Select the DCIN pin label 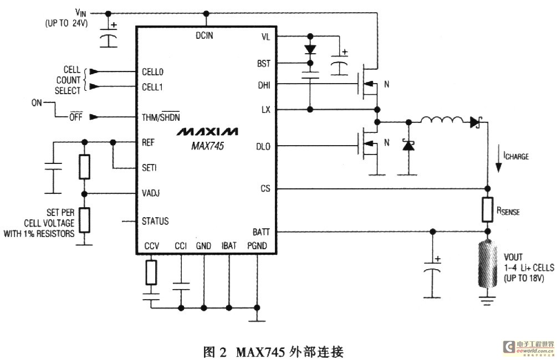pyautogui.click(x=206, y=36)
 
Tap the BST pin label pyautogui.click(x=264, y=63)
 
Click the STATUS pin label pyautogui.click(x=155, y=221)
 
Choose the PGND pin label pyautogui.click(x=257, y=245)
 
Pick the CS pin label pyautogui.click(x=265, y=189)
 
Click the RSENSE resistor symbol pyautogui.click(x=488, y=210)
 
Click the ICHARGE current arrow pyautogui.click(x=498, y=160)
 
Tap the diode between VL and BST pyautogui.click(x=310, y=49)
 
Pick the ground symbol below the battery pyautogui.click(x=488, y=301)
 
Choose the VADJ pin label pyautogui.click(x=154, y=194)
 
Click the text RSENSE pyautogui.click(x=508, y=212)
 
